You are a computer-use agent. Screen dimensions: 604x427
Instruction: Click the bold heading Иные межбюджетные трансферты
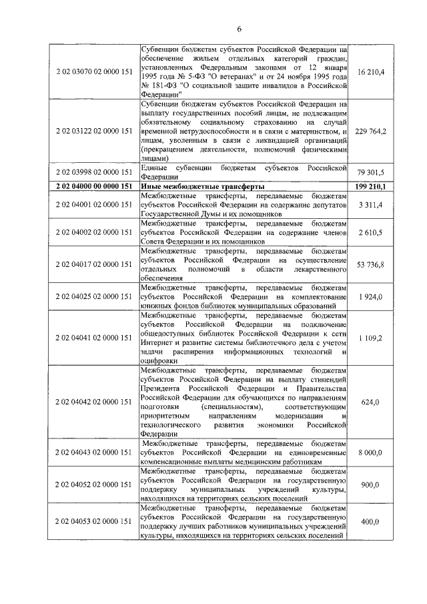click(203, 186)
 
